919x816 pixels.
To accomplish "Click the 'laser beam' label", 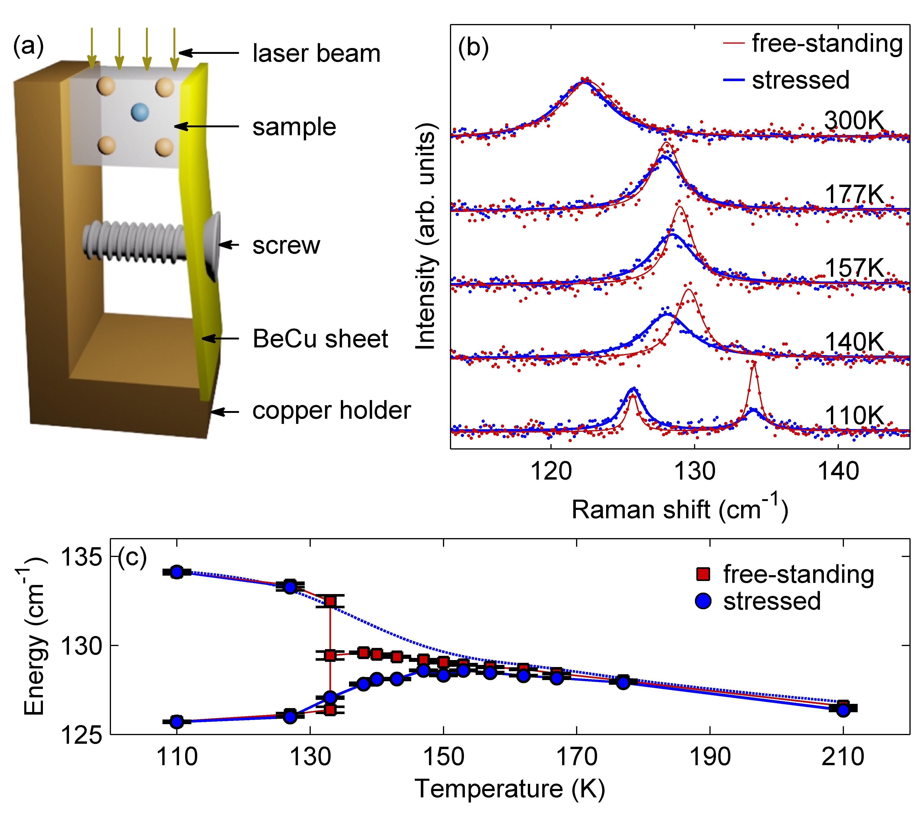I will [x=316, y=53].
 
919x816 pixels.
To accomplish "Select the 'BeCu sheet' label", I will [x=320, y=339].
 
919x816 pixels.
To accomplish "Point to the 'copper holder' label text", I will [x=331, y=411].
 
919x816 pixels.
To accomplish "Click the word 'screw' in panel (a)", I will [x=286, y=245].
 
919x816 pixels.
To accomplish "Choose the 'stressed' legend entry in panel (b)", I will [x=800, y=80].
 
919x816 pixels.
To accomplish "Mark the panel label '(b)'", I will [x=473, y=48].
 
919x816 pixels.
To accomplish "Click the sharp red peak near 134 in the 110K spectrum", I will [x=754, y=364].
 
